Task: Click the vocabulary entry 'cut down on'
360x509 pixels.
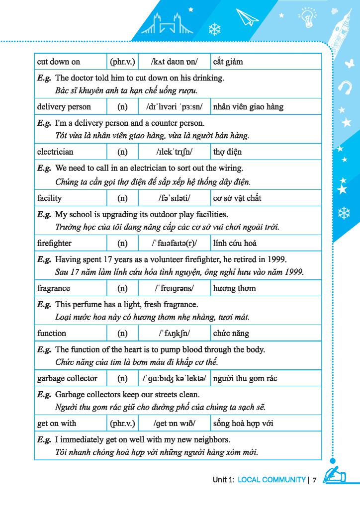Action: click(58, 62)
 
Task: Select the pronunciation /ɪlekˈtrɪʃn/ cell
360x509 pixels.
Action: click(174, 152)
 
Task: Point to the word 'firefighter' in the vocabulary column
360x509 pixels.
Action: click(54, 243)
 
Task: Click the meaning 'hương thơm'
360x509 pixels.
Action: click(234, 288)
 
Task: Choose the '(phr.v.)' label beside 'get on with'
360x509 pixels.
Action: click(122, 424)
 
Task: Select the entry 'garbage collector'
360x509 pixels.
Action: click(67, 378)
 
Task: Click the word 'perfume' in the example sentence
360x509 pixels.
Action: click(87, 304)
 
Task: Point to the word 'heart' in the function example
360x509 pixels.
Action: click(128, 349)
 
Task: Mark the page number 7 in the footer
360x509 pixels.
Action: click(315, 480)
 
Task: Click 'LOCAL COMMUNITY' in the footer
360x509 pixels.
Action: click(271, 480)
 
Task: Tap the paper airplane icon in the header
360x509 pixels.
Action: click(248, 18)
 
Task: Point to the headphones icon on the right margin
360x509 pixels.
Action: click(344, 87)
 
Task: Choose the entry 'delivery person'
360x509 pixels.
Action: click(64, 107)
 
